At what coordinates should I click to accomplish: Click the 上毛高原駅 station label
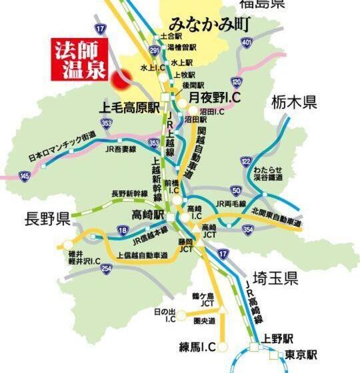(131, 105)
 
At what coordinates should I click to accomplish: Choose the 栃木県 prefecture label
(294, 103)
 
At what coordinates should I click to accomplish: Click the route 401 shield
(247, 43)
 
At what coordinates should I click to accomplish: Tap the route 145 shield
(25, 175)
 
